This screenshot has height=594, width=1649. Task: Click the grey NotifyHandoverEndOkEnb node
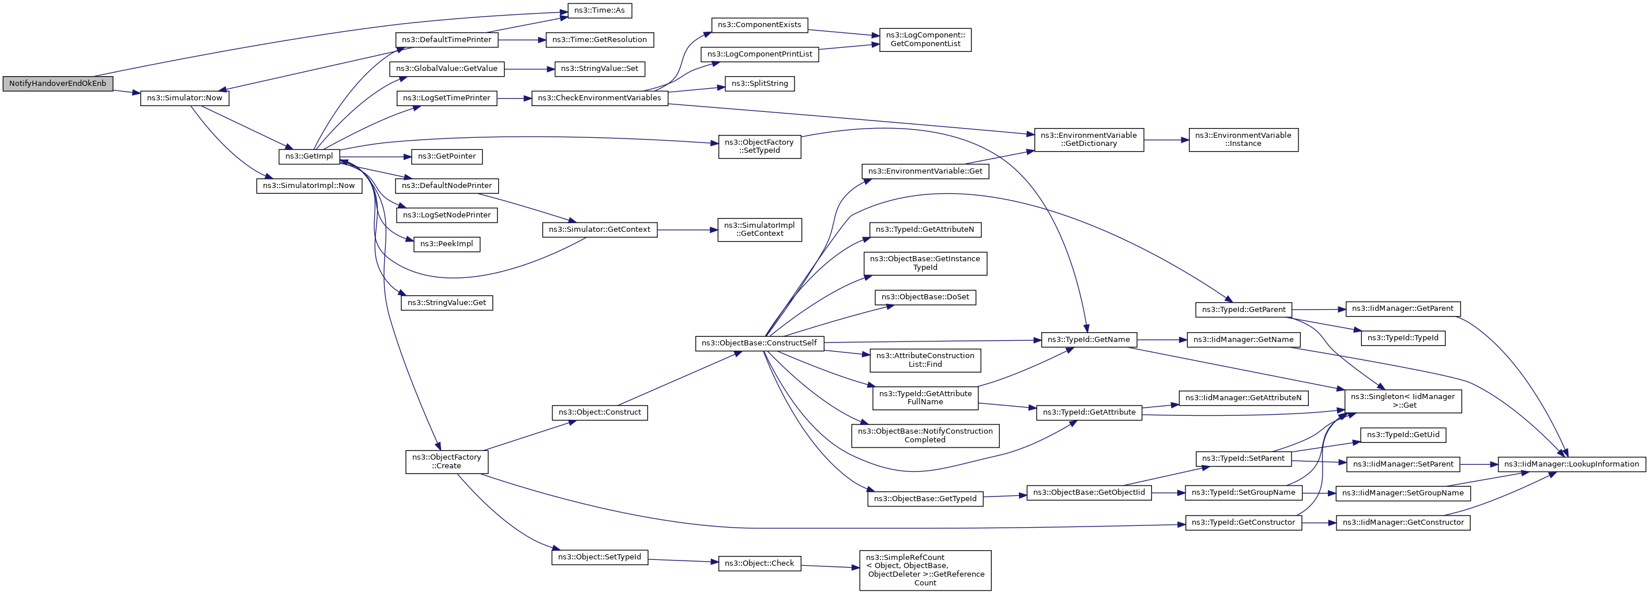(58, 84)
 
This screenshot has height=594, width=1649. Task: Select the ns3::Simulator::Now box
(185, 99)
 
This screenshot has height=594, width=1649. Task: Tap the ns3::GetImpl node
(309, 156)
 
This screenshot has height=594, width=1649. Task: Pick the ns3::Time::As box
(599, 11)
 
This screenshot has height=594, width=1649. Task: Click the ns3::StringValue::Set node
(599, 69)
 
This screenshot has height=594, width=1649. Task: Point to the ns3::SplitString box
(759, 84)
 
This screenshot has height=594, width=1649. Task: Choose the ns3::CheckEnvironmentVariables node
(599, 99)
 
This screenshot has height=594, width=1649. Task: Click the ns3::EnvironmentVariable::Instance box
(1243, 140)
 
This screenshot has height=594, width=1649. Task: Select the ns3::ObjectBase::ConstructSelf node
(759, 344)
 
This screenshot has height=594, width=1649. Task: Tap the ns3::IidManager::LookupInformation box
(1571, 465)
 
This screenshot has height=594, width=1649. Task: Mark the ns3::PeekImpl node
(446, 245)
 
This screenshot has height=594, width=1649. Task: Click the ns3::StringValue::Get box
(446, 303)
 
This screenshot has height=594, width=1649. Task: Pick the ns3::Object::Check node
(759, 564)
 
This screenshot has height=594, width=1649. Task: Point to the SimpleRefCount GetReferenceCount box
(925, 570)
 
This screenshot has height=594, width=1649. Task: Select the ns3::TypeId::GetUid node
(1403, 435)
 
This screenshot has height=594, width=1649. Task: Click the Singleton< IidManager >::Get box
(1403, 401)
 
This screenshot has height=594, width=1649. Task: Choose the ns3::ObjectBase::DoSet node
(925, 297)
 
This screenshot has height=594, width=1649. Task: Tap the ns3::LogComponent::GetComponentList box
(925, 40)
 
